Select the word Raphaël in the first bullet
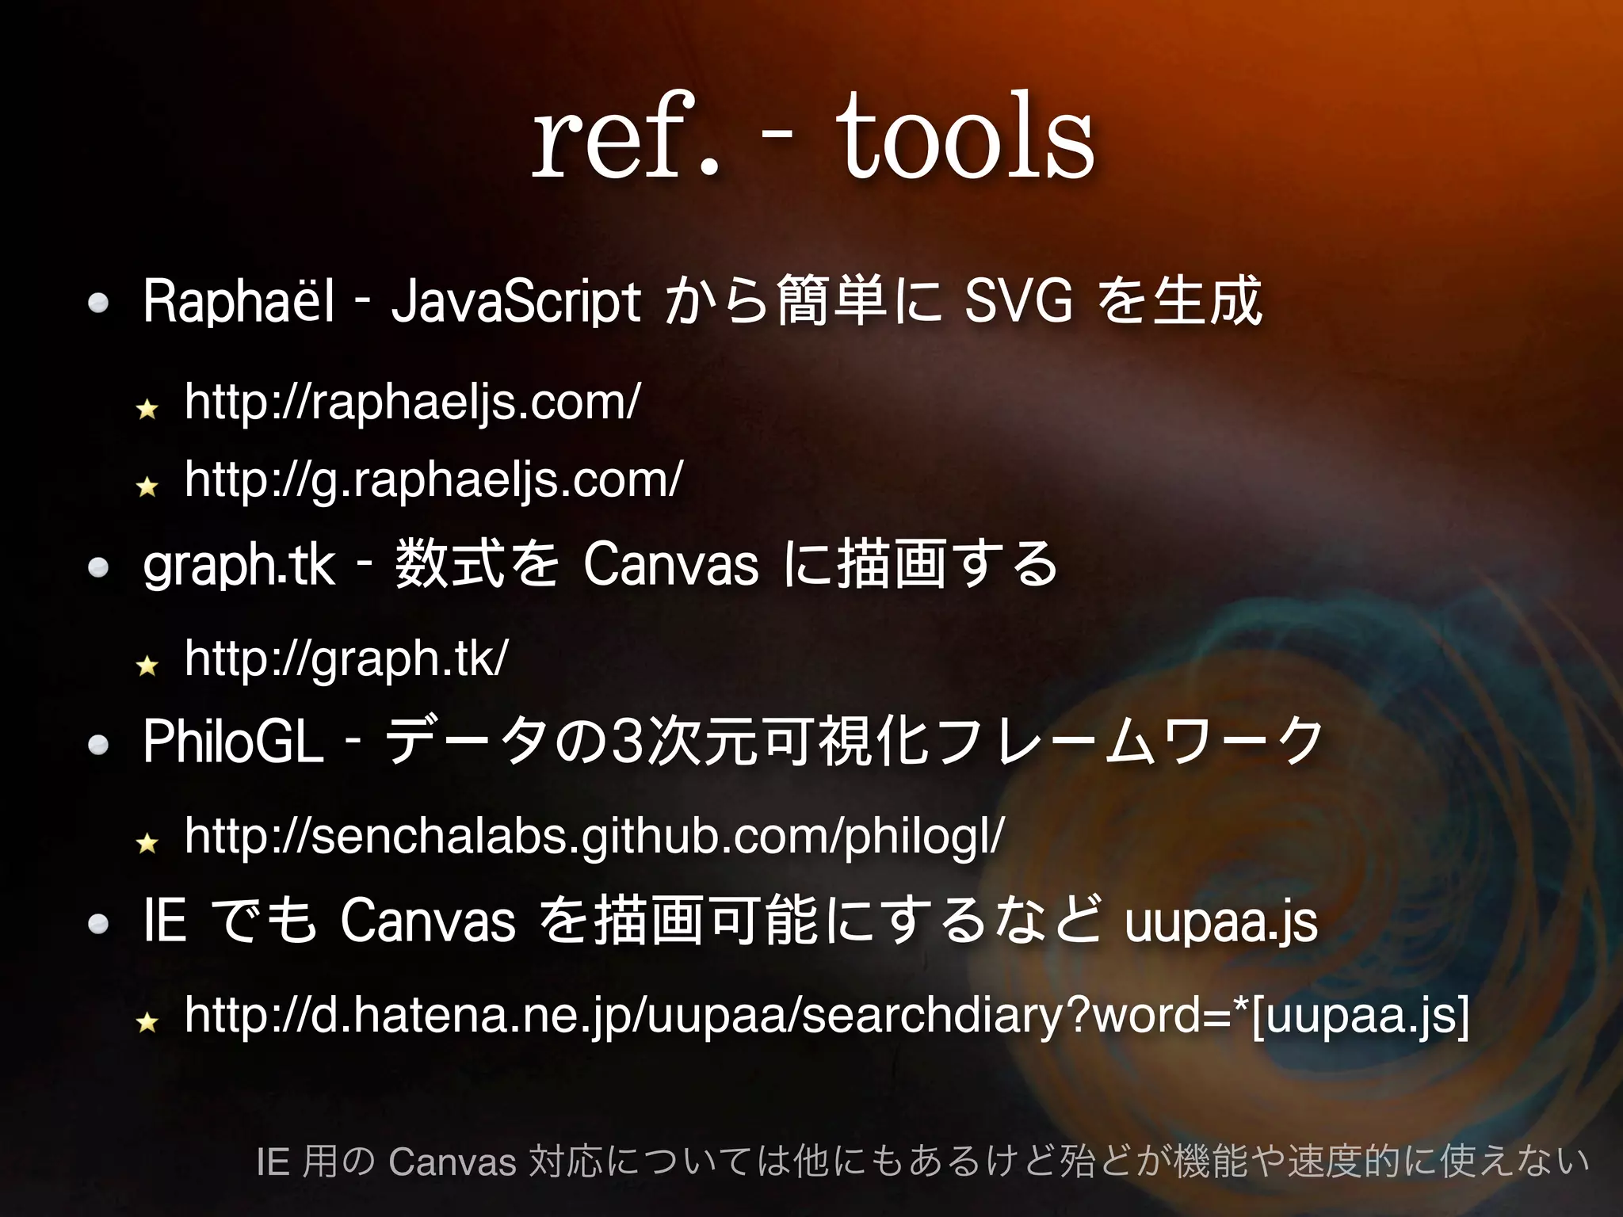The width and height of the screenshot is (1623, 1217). pos(239,302)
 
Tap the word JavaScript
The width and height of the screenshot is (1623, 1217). pos(515,302)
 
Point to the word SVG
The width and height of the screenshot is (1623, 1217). pos(1019,302)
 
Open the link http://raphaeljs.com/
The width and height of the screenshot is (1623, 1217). pos(412,402)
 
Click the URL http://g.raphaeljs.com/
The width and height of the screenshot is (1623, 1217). pos(433,479)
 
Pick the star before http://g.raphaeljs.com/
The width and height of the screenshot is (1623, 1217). pos(147,485)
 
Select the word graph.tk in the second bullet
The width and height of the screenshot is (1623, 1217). pos(239,565)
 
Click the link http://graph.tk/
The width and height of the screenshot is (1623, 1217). pos(346,658)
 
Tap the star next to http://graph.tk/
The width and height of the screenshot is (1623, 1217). pos(147,665)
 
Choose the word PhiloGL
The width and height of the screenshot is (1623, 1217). pos(234,742)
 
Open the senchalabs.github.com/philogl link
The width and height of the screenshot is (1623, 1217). pos(594,836)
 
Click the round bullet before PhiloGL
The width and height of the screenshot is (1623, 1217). pos(98,745)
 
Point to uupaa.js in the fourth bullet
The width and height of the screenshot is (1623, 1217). pos(1220,921)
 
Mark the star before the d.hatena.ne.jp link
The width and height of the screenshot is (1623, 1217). pos(147,1021)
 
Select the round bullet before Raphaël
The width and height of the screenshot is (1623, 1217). pos(98,303)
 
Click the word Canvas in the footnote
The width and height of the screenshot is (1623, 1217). pos(453,1162)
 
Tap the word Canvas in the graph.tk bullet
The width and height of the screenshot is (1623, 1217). pos(670,565)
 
